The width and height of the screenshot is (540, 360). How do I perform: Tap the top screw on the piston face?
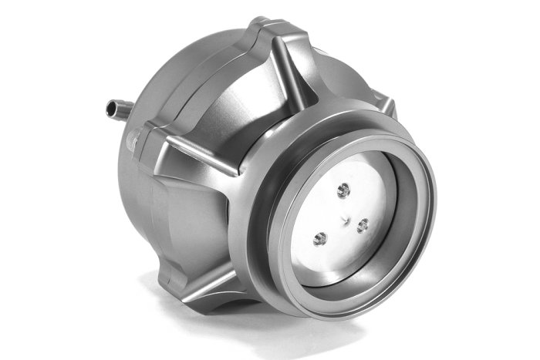pyautogui.click(x=344, y=189)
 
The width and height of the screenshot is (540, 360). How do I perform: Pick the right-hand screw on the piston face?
pyautogui.click(x=363, y=225)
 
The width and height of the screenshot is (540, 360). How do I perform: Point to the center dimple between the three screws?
pyautogui.click(x=346, y=218)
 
